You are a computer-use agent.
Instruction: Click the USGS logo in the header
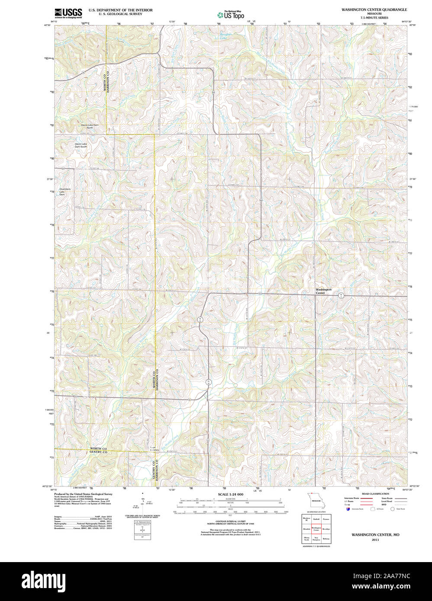click(68, 13)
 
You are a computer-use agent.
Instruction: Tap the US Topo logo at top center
click(231, 15)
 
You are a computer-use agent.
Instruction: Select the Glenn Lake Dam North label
click(87, 126)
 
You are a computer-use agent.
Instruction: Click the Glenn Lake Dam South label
click(81, 145)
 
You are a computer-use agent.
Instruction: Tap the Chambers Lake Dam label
click(65, 192)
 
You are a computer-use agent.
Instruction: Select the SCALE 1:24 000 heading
click(230, 494)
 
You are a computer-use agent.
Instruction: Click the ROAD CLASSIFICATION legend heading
click(375, 494)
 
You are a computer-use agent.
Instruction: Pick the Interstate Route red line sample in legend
click(367, 499)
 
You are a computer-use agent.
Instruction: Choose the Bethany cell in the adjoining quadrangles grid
click(326, 539)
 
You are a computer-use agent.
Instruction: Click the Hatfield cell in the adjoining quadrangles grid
click(316, 519)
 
